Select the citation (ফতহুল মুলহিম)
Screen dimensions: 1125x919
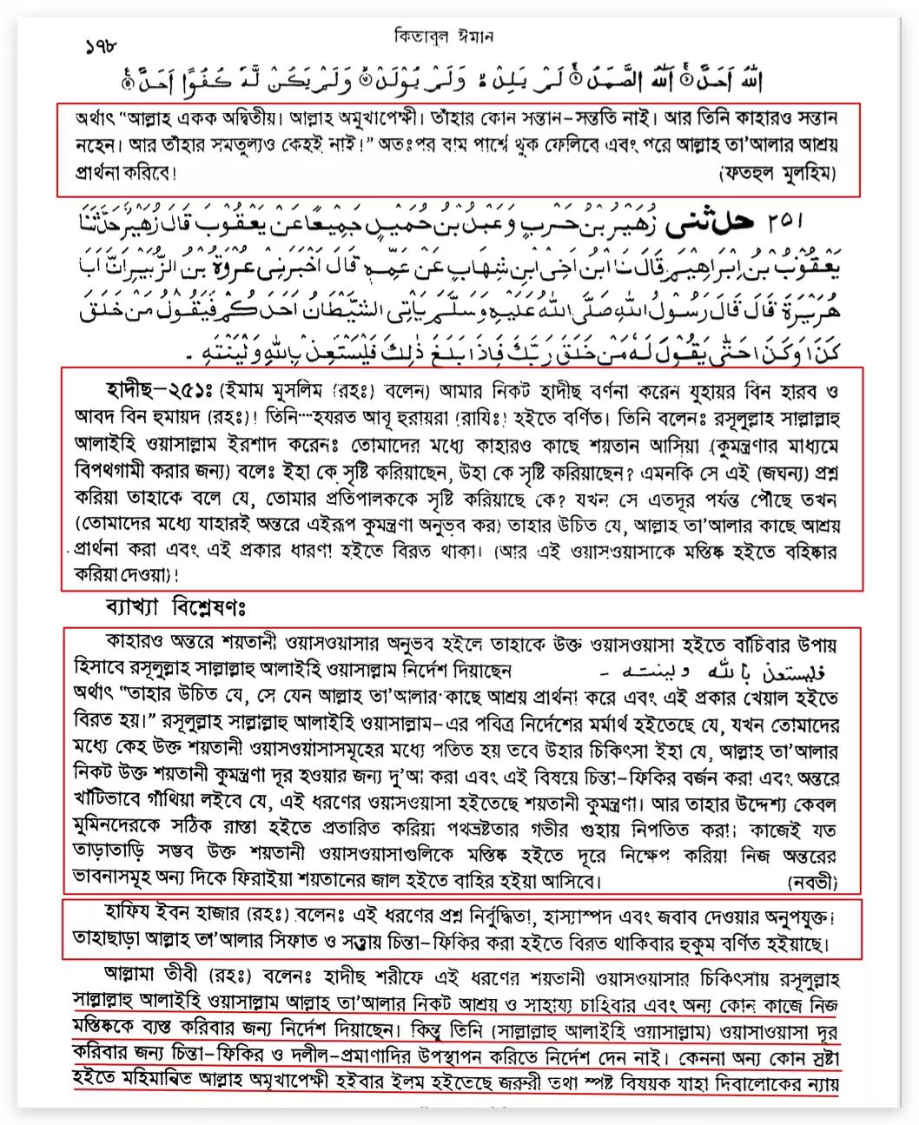[x=777, y=174]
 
